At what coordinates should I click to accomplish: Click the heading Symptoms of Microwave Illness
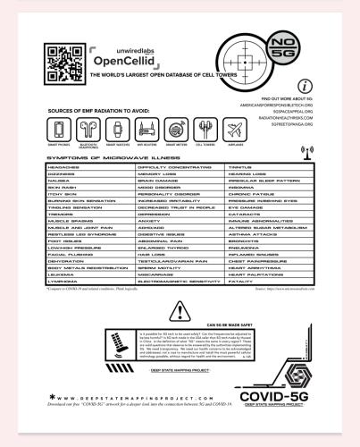87,157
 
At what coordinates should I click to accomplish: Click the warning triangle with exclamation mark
180,311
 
